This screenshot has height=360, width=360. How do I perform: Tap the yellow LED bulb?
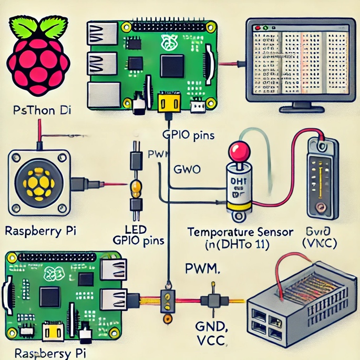136,187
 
